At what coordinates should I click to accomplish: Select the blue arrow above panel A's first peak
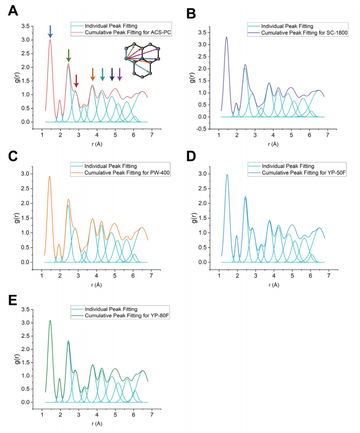[50, 31]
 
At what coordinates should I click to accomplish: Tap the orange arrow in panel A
[92, 74]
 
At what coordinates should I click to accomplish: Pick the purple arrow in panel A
[119, 74]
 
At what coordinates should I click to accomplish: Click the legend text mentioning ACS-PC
[121, 32]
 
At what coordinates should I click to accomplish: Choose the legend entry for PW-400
[121, 163]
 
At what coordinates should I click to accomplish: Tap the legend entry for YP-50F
[299, 164]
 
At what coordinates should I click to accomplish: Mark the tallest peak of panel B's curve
[226, 37]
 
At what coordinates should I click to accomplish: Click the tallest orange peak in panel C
[49, 176]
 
